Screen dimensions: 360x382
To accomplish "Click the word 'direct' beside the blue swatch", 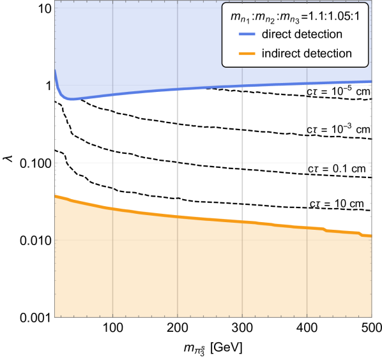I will click(276, 34).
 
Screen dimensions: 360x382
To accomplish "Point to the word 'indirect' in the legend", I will click(280, 54).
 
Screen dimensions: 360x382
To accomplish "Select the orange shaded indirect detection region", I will click(192, 274).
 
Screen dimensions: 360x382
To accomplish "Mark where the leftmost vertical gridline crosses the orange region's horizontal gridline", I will click(112, 240).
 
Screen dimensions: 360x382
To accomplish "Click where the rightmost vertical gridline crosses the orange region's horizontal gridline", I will click(307, 240).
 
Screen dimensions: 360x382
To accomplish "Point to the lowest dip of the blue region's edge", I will click(72, 101).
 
